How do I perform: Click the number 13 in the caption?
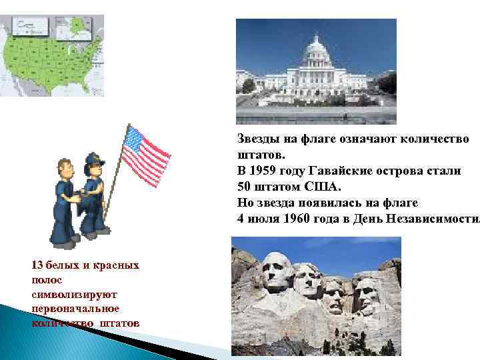coord(37,265)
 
